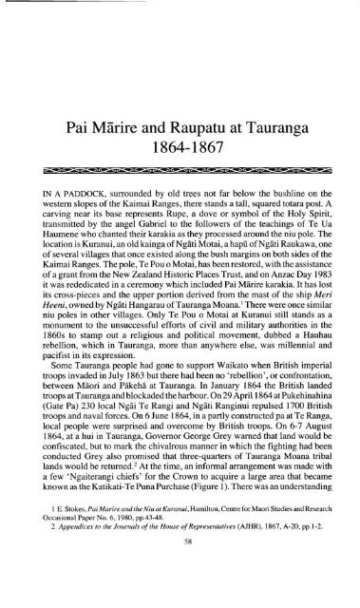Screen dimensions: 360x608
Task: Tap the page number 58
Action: [180, 587]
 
